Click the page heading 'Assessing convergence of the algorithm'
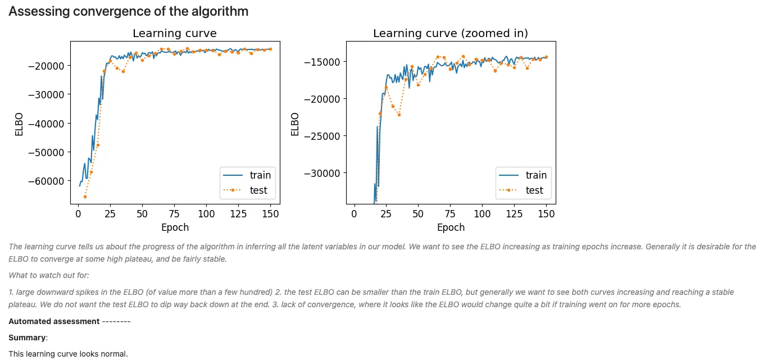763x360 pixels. pos(128,11)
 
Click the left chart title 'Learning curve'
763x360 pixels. pos(174,34)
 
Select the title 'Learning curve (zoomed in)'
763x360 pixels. pos(451,34)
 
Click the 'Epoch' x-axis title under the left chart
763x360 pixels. pos(175,227)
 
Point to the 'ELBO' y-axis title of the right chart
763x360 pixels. pos(295,124)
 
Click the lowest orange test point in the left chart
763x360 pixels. pos(85,197)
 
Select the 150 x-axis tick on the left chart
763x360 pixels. pos(270,214)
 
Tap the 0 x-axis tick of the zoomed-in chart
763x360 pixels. pos(354,214)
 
